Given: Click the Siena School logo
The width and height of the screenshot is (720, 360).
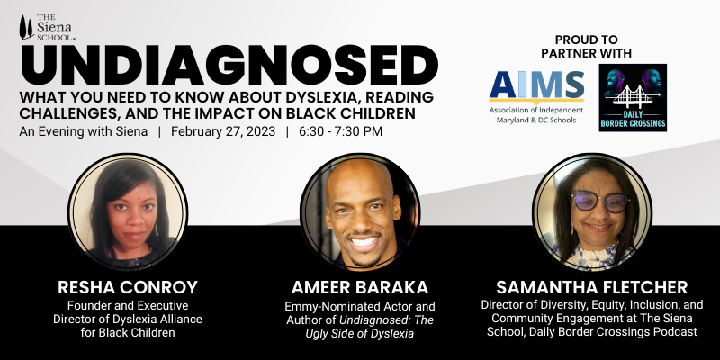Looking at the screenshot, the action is coord(48,28).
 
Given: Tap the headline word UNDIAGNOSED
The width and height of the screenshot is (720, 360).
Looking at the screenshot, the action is coord(229,65).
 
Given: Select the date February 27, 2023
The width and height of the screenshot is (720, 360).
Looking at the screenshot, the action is coord(223,131).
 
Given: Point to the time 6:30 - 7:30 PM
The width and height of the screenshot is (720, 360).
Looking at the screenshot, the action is coord(340,131).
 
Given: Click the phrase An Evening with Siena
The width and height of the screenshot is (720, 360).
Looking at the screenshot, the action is coord(84,131).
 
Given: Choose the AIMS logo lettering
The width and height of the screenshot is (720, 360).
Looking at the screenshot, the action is coord(536,85).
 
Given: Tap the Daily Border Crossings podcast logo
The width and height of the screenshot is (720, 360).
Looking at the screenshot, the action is coord(633,98).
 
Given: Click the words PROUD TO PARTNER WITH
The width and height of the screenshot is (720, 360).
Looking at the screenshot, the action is coord(587,47).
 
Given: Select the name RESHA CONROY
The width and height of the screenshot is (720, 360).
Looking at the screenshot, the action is coord(128,287).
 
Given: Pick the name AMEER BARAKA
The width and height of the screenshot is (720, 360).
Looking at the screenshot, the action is coord(359,287).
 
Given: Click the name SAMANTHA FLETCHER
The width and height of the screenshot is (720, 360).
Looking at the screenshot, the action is coord(592,287).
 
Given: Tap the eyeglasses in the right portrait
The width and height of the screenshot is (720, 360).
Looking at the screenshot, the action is coord(600,201).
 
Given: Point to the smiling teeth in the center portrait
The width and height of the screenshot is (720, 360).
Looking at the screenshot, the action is coord(364,243).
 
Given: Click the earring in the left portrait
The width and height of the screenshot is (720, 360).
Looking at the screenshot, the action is coord(156,229).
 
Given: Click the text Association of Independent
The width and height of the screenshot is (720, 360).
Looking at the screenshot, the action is coord(536,111).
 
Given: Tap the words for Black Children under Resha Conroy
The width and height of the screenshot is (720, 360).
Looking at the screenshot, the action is coord(128,332).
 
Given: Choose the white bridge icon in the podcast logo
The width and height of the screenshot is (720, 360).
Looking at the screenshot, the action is coord(633,96).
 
